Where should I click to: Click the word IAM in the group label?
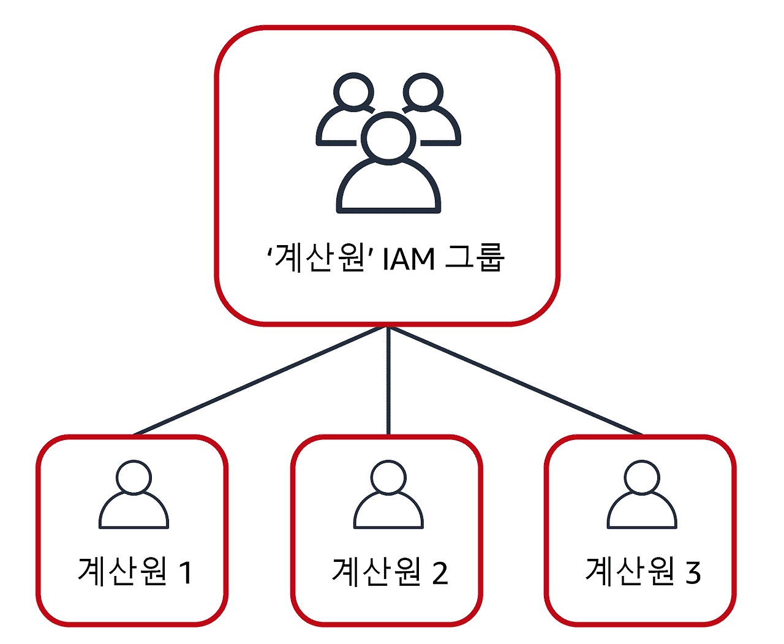(x=409, y=259)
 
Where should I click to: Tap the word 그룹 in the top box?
(x=474, y=257)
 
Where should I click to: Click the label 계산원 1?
(x=135, y=571)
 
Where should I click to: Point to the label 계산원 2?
(x=390, y=571)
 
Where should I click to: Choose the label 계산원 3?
(x=643, y=571)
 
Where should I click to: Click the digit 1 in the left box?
(x=185, y=572)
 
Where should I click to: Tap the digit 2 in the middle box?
(x=440, y=572)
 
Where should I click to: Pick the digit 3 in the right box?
(x=693, y=572)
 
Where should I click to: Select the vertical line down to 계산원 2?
(x=388, y=380)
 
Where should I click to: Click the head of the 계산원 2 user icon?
(x=388, y=477)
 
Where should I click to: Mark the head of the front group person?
(x=388, y=137)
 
